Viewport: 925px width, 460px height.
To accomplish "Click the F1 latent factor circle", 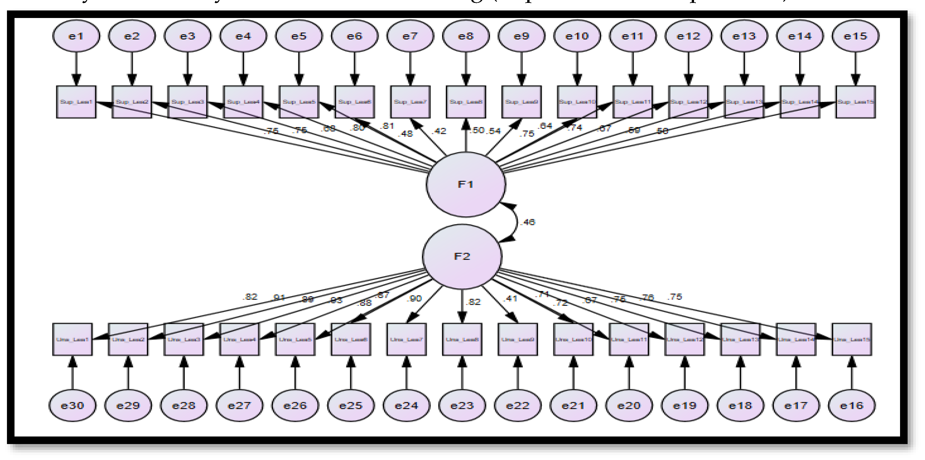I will [466, 184].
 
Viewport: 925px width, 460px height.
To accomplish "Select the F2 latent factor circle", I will [462, 256].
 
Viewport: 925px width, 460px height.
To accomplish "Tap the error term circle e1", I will [76, 36].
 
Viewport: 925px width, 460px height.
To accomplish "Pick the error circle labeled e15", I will [855, 36].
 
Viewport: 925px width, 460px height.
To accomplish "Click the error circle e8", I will [466, 36].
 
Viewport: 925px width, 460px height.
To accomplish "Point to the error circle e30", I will [73, 405].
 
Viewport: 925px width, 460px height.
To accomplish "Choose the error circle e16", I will [851, 405].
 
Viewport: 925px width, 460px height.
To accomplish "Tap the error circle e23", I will [462, 405].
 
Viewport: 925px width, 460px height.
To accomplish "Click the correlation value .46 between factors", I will [528, 222].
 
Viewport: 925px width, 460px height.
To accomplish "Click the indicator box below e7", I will [410, 102].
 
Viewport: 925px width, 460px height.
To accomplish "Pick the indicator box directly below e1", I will [76, 102].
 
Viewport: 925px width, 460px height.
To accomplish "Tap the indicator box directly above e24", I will [407, 339].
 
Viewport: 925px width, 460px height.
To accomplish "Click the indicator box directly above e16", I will [851, 339].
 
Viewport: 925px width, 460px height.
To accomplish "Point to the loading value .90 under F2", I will [414, 298].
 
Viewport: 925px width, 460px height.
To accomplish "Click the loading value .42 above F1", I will [440, 131].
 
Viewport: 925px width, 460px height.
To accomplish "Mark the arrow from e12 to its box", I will [688, 68].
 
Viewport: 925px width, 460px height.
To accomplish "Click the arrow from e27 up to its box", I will [239, 374].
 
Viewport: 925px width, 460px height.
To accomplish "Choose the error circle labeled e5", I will [299, 36].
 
